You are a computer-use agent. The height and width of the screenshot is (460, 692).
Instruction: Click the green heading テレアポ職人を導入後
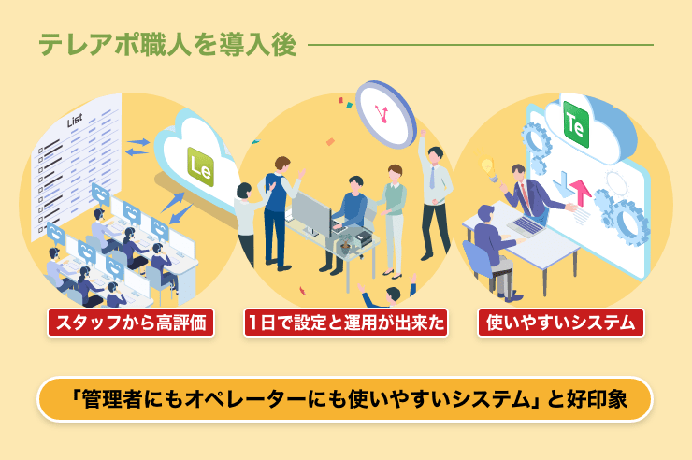pyautogui.click(x=167, y=45)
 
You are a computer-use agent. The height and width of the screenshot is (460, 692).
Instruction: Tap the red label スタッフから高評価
pyautogui.click(x=131, y=323)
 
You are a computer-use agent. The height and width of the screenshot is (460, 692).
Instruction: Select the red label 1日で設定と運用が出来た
pyautogui.click(x=346, y=323)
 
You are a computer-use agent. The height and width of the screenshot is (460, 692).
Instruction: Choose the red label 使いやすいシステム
pyautogui.click(x=560, y=323)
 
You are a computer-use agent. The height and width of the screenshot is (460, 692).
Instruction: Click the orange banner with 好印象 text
pyautogui.click(x=345, y=399)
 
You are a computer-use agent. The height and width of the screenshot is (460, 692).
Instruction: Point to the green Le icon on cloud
pyautogui.click(x=201, y=166)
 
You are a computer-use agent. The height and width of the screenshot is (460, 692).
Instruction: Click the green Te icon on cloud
pyautogui.click(x=576, y=124)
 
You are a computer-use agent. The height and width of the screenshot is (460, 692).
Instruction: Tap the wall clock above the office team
pyautogui.click(x=385, y=114)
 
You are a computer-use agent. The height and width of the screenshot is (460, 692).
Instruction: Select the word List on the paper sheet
pyautogui.click(x=75, y=120)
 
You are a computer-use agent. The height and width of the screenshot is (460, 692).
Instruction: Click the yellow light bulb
pyautogui.click(x=487, y=167)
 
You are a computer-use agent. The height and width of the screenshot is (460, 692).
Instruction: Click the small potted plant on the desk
pyautogui.click(x=345, y=244)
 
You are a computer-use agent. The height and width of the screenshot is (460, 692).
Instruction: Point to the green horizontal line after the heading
pyautogui.click(x=480, y=45)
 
